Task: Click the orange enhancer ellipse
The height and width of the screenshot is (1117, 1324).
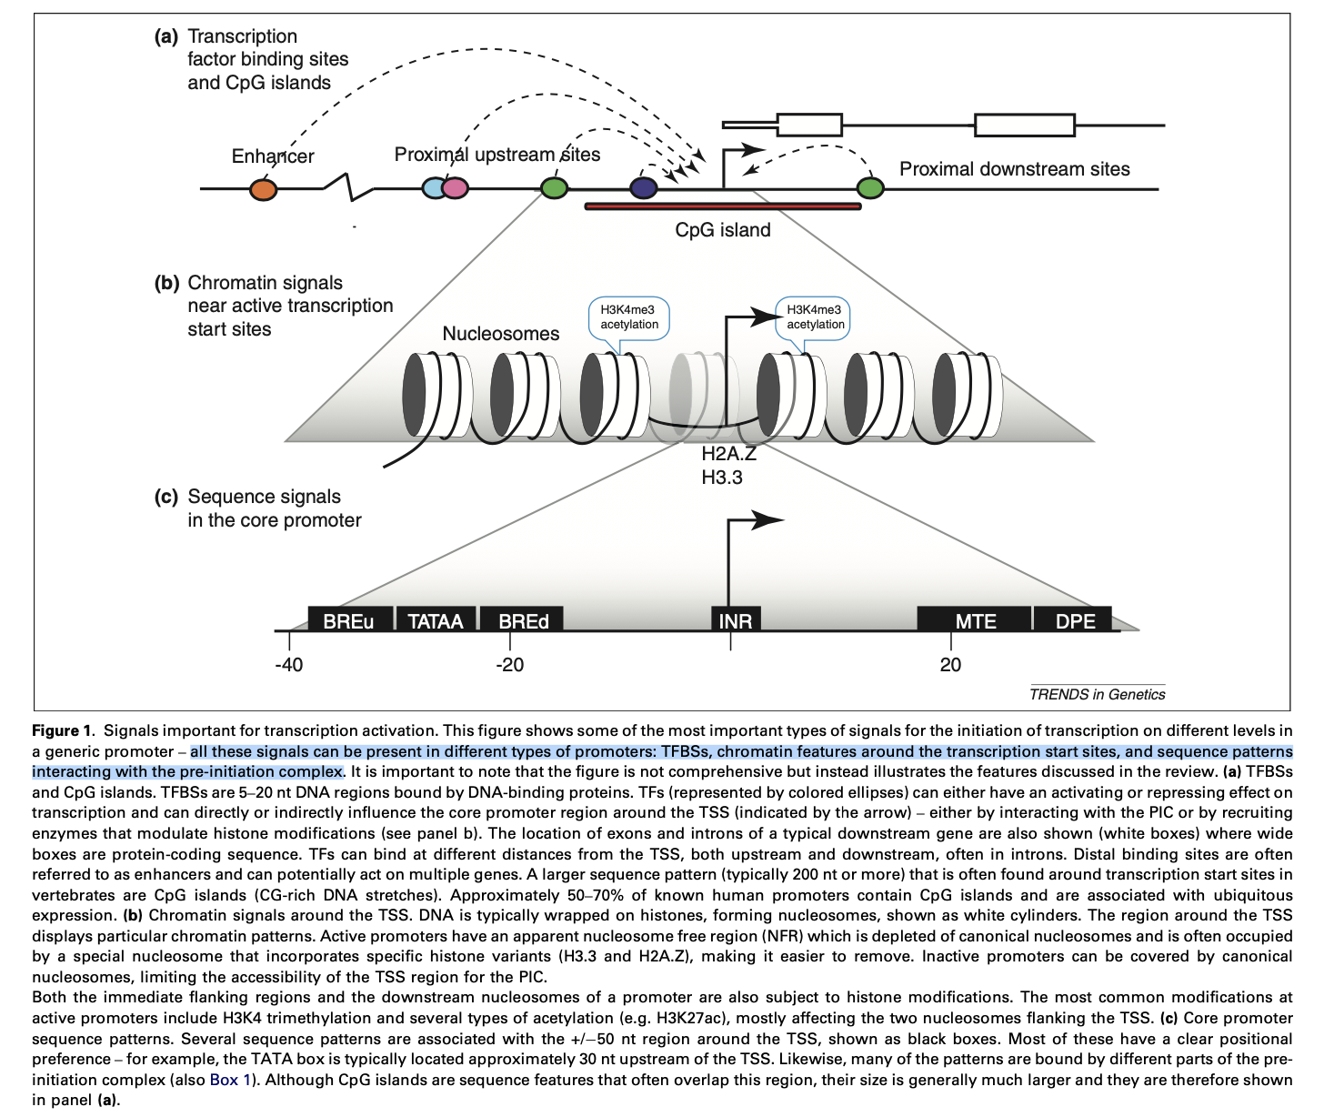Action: click(x=263, y=189)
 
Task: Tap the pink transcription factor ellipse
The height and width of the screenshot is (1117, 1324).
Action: click(x=456, y=188)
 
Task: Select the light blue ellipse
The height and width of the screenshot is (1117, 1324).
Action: click(x=433, y=188)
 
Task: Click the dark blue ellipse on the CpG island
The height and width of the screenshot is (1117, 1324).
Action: click(x=643, y=188)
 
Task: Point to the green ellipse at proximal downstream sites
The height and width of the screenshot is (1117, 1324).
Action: click(x=870, y=188)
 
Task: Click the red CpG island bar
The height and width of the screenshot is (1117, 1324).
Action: click(x=723, y=206)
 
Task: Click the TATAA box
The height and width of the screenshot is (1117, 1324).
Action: click(x=436, y=620)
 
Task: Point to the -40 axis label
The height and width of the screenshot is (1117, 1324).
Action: click(x=288, y=665)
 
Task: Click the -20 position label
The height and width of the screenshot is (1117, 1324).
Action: click(x=509, y=665)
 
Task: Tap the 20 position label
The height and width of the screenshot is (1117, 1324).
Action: click(x=950, y=665)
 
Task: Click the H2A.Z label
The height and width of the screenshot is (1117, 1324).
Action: click(x=728, y=454)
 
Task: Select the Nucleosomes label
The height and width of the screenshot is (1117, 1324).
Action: click(x=500, y=334)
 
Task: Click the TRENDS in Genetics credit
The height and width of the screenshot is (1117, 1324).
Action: click(x=1097, y=694)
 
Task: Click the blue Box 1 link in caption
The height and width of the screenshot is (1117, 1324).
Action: click(x=230, y=1080)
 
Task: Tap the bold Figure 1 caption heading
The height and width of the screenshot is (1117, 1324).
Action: click(x=63, y=730)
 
